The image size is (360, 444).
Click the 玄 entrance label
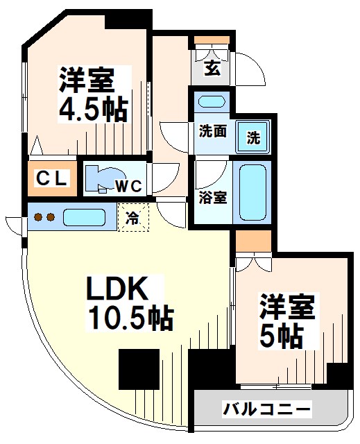click(212, 68)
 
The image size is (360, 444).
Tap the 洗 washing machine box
click(253, 137)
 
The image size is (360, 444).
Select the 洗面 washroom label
click(212, 131)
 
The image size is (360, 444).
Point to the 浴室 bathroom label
click(212, 197)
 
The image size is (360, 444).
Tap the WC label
click(129, 185)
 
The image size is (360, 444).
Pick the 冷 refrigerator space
click(132, 217)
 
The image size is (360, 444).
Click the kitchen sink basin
click(83, 217)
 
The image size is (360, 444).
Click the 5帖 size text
click(281, 336)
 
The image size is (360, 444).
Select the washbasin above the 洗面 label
click(211, 101)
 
